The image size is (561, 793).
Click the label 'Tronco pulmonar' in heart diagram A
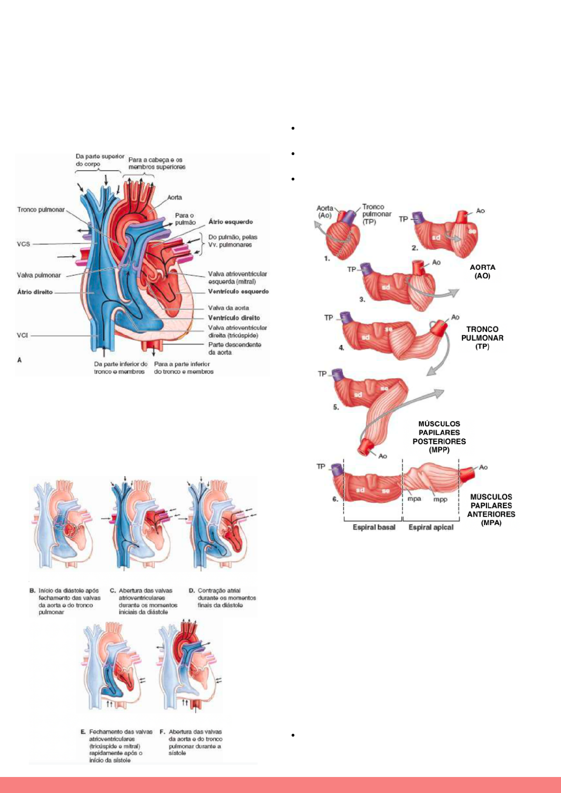(41, 210)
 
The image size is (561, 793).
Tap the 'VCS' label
(24, 244)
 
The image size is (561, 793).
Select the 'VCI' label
(23, 335)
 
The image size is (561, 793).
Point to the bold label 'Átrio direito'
(35, 292)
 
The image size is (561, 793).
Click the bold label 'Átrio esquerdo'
(231, 222)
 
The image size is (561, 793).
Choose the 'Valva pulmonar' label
(39, 275)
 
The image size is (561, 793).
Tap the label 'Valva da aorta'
(228, 308)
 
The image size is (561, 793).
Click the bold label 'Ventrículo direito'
(234, 318)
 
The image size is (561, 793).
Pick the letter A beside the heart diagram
(19, 360)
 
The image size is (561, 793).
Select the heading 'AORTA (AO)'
(482, 272)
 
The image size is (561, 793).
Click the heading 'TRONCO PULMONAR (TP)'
(482, 338)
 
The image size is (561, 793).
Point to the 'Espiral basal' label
(374, 527)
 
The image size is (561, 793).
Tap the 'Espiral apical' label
(431, 527)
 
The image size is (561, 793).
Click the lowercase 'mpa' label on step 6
(414, 499)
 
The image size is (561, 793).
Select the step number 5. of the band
(336, 407)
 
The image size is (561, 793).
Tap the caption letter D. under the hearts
(192, 591)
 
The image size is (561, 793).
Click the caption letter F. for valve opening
(162, 732)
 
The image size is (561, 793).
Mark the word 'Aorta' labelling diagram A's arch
(174, 197)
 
